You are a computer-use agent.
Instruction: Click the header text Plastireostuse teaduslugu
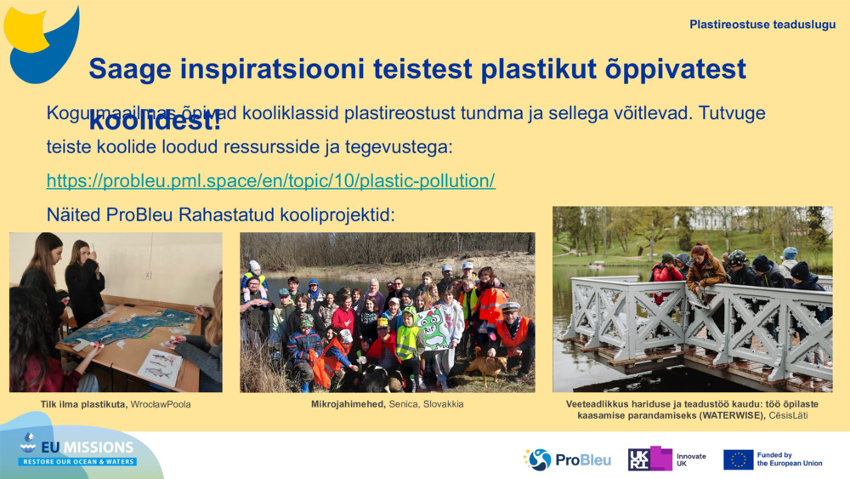(x=762, y=25)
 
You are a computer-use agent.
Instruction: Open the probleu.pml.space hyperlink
(x=270, y=180)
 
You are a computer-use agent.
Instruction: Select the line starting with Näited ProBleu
(x=220, y=214)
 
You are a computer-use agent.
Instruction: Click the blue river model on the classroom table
(x=136, y=328)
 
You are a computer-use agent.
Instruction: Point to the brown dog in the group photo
(x=487, y=366)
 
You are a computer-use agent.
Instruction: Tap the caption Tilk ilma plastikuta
(x=84, y=404)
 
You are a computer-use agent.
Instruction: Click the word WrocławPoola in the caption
(x=161, y=404)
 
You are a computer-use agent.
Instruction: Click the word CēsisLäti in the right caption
(x=787, y=415)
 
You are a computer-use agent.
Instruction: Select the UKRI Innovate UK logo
(x=666, y=459)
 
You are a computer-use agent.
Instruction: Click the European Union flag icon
(x=738, y=459)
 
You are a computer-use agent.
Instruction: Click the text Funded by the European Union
(x=789, y=459)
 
